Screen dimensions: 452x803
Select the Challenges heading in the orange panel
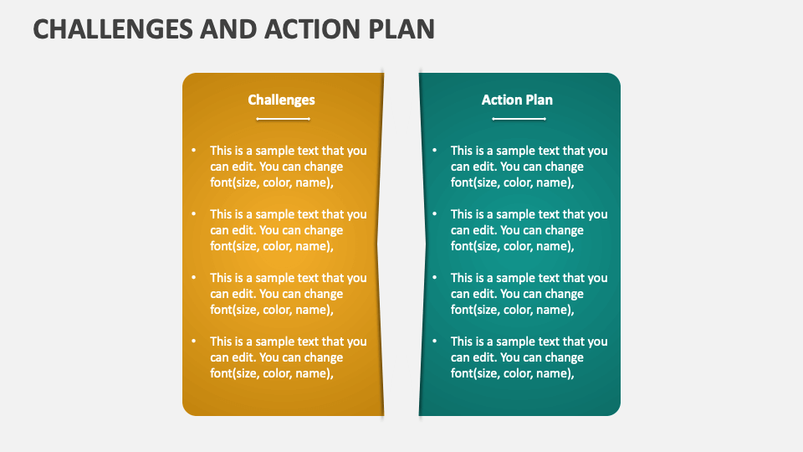pos(281,100)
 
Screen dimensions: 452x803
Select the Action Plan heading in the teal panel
pos(517,100)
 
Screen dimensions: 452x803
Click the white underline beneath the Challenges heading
pos(283,119)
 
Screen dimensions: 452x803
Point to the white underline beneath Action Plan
pos(519,119)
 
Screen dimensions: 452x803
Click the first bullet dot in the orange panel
pos(194,151)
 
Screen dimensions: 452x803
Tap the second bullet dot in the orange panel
pos(194,214)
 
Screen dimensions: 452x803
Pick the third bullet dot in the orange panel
pos(194,278)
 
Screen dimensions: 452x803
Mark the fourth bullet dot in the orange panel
pos(194,342)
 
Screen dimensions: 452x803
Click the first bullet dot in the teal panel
pos(435,151)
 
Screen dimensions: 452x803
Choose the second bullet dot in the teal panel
pos(435,214)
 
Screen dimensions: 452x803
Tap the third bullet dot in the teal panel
pos(435,278)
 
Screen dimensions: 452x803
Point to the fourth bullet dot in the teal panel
pos(435,342)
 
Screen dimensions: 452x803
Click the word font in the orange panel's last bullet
pos(222,373)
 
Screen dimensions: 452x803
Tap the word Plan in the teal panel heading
pos(539,100)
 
